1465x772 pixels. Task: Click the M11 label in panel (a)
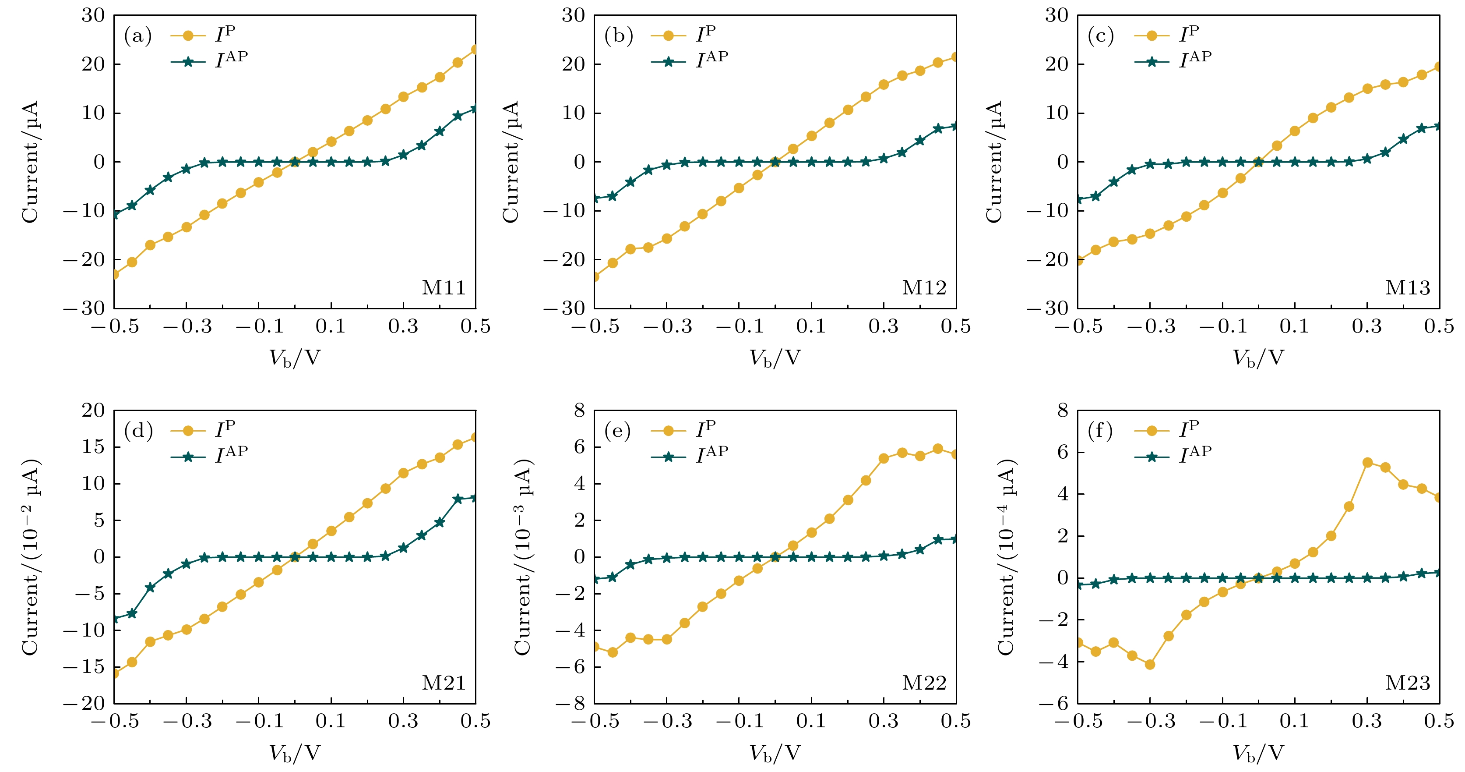pos(443,288)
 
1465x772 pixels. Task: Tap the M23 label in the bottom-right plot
pos(1407,683)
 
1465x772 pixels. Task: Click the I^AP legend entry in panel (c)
pos(1173,60)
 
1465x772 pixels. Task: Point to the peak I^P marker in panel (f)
pos(1368,463)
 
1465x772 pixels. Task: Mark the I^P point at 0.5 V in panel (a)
pos(475,50)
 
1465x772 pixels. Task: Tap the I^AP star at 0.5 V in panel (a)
pos(475,109)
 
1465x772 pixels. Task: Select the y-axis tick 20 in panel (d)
pos(93,410)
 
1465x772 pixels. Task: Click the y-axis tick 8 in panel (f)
pos(1062,410)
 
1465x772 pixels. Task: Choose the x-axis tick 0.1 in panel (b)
pos(811,326)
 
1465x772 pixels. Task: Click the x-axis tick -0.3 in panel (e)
pos(667,721)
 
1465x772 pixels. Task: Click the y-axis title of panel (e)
pos(523,556)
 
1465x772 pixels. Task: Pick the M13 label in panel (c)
pos(1407,288)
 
